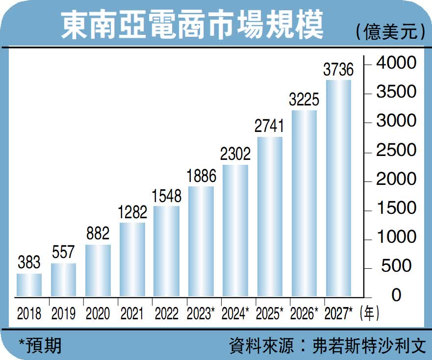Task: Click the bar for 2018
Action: [29, 284]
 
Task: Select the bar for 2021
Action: [132, 259]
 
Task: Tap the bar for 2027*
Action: [338, 188]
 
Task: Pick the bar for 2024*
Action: [235, 231]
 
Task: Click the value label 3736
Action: [338, 70]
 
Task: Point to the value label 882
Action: [98, 234]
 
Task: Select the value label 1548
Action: [167, 196]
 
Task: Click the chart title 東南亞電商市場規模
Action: [192, 26]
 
